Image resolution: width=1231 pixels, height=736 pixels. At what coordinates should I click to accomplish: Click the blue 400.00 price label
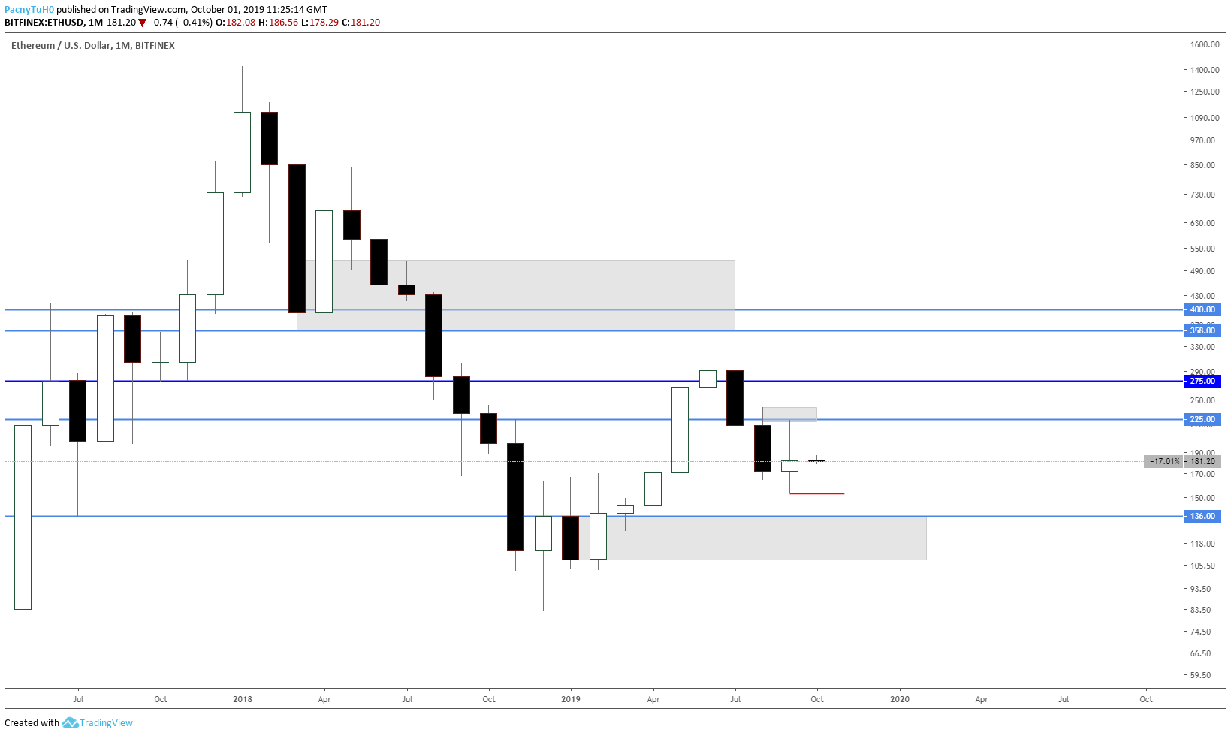tap(1202, 309)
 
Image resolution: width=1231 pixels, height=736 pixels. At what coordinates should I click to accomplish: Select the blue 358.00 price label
tap(1202, 330)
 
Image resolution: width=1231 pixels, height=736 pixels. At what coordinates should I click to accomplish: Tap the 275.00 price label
tap(1202, 381)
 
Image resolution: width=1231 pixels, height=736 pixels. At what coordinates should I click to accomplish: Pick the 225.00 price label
tap(1202, 419)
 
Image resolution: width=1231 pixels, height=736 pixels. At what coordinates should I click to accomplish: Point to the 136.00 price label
tap(1202, 516)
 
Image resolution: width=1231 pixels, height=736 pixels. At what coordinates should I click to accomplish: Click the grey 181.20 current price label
tap(1202, 461)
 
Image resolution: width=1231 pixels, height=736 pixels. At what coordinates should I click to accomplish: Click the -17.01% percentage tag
tap(1164, 461)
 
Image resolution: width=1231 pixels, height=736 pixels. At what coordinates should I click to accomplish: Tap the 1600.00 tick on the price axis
tap(1204, 44)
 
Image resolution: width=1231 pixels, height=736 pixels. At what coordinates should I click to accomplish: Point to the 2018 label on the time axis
tap(243, 699)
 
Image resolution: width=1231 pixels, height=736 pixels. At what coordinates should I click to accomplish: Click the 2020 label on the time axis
tap(899, 699)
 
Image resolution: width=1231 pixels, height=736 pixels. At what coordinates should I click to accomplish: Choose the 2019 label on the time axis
tap(571, 699)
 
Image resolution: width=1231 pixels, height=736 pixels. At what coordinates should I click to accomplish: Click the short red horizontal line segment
tap(817, 493)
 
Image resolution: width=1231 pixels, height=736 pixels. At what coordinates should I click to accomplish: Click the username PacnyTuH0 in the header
tap(29, 10)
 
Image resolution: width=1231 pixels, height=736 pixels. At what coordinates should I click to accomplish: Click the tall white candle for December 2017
tap(215, 243)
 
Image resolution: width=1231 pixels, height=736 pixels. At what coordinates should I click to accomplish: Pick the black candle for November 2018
tap(515, 496)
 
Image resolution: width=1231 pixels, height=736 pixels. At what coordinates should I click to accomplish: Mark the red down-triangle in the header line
tap(142, 23)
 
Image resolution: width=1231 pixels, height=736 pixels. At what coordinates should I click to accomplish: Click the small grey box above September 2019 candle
tap(789, 414)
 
